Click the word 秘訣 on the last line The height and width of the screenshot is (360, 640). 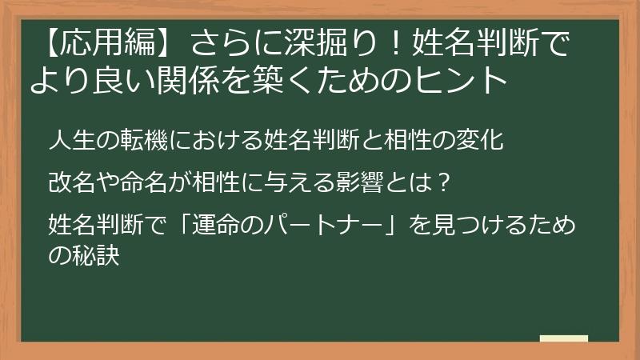[x=96, y=258]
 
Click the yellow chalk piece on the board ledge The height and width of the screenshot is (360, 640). [x=563, y=338]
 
